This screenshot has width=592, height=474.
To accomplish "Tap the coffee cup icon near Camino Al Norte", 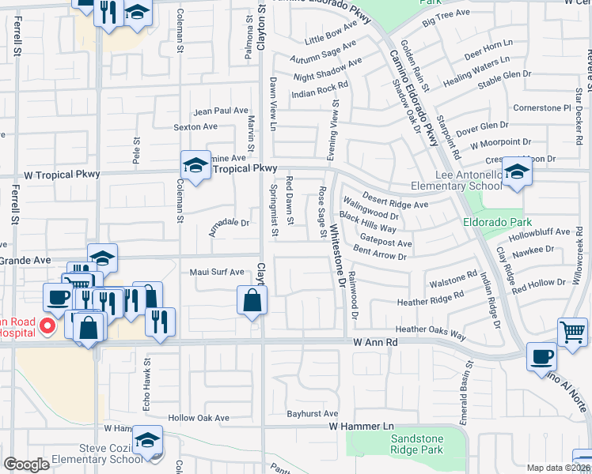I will pyautogui.click(x=542, y=355).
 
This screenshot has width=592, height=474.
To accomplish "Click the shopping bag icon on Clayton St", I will pyautogui.click(x=251, y=300).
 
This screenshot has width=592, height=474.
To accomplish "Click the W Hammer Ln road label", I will pyautogui.click(x=362, y=427).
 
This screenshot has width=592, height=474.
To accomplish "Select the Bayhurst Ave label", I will pyautogui.click(x=313, y=413).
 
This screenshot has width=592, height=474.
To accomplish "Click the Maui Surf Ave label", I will pyautogui.click(x=217, y=273).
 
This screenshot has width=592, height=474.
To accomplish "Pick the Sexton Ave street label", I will pyautogui.click(x=195, y=126).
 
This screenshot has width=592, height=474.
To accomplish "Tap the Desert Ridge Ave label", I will pyautogui.click(x=395, y=200).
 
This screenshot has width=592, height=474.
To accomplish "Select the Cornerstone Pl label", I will pyautogui.click(x=542, y=107).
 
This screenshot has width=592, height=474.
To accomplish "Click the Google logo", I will pyautogui.click(x=26, y=465).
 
